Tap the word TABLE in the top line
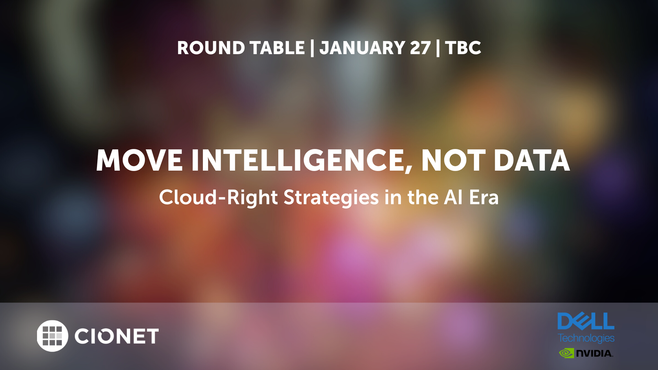(x=277, y=48)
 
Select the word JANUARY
(x=363, y=48)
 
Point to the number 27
(x=420, y=48)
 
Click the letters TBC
(x=463, y=48)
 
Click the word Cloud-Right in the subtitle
(x=218, y=198)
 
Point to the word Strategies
(x=331, y=198)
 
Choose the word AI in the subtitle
(x=453, y=197)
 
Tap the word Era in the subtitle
(x=484, y=197)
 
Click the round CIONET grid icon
(x=52, y=336)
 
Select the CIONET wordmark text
(x=117, y=336)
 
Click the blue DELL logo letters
(x=586, y=321)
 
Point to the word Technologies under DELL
(x=586, y=338)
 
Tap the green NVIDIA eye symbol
(x=566, y=353)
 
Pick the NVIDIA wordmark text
(x=595, y=353)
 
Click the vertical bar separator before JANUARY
(x=312, y=48)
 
